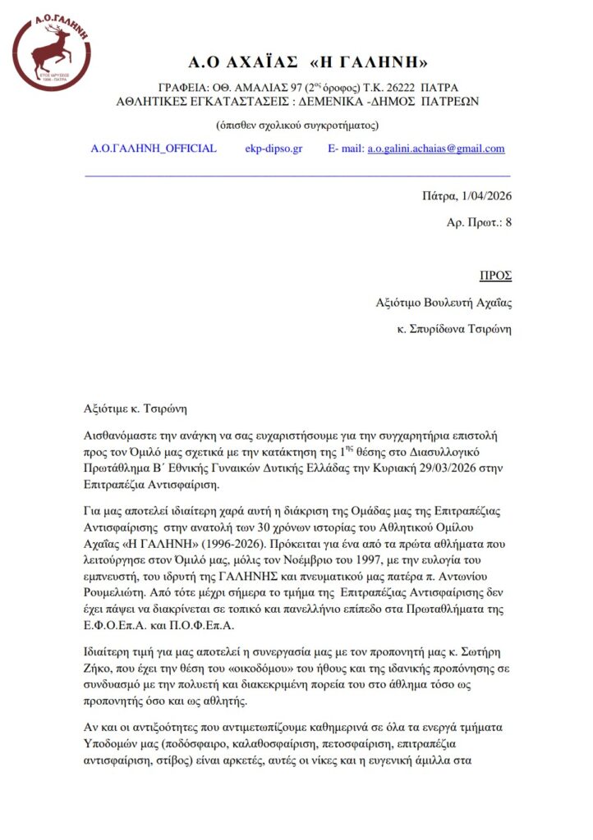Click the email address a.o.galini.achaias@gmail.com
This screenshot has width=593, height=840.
(x=435, y=148)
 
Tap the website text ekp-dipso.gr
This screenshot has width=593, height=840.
(x=274, y=148)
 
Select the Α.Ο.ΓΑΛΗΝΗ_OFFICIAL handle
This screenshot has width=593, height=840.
(x=154, y=148)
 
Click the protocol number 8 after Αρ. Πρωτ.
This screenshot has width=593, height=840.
(x=508, y=221)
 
